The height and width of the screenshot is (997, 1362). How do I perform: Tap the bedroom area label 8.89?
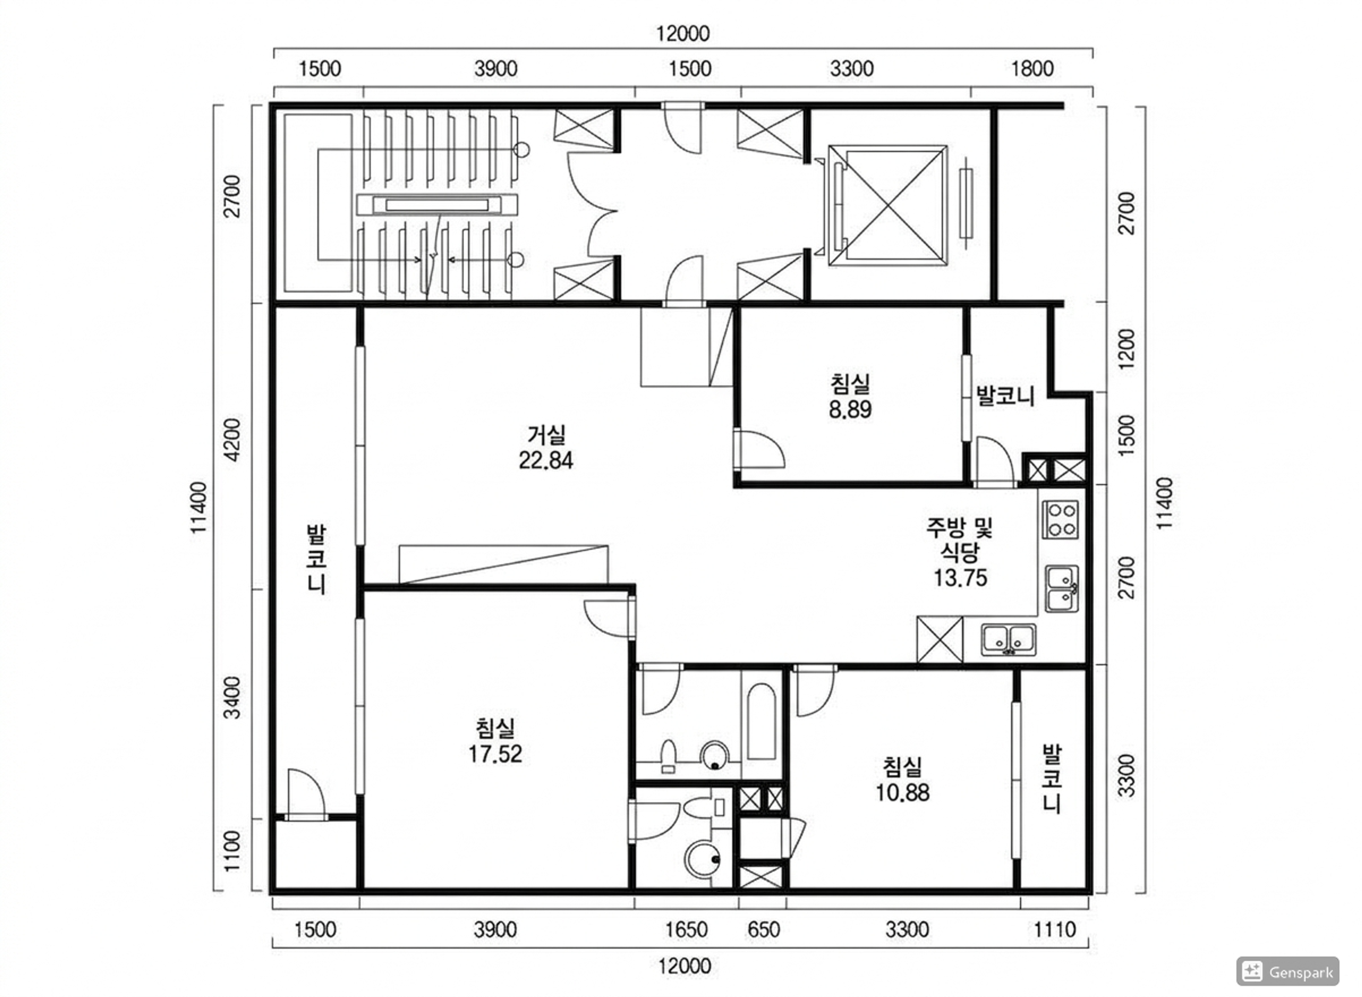(850, 410)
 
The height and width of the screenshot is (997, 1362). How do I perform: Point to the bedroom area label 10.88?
(902, 792)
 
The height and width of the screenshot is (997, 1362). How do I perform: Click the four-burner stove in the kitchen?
(1060, 520)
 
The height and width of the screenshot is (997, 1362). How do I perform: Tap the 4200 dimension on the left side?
(232, 440)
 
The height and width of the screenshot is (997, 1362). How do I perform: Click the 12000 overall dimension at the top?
(683, 34)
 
